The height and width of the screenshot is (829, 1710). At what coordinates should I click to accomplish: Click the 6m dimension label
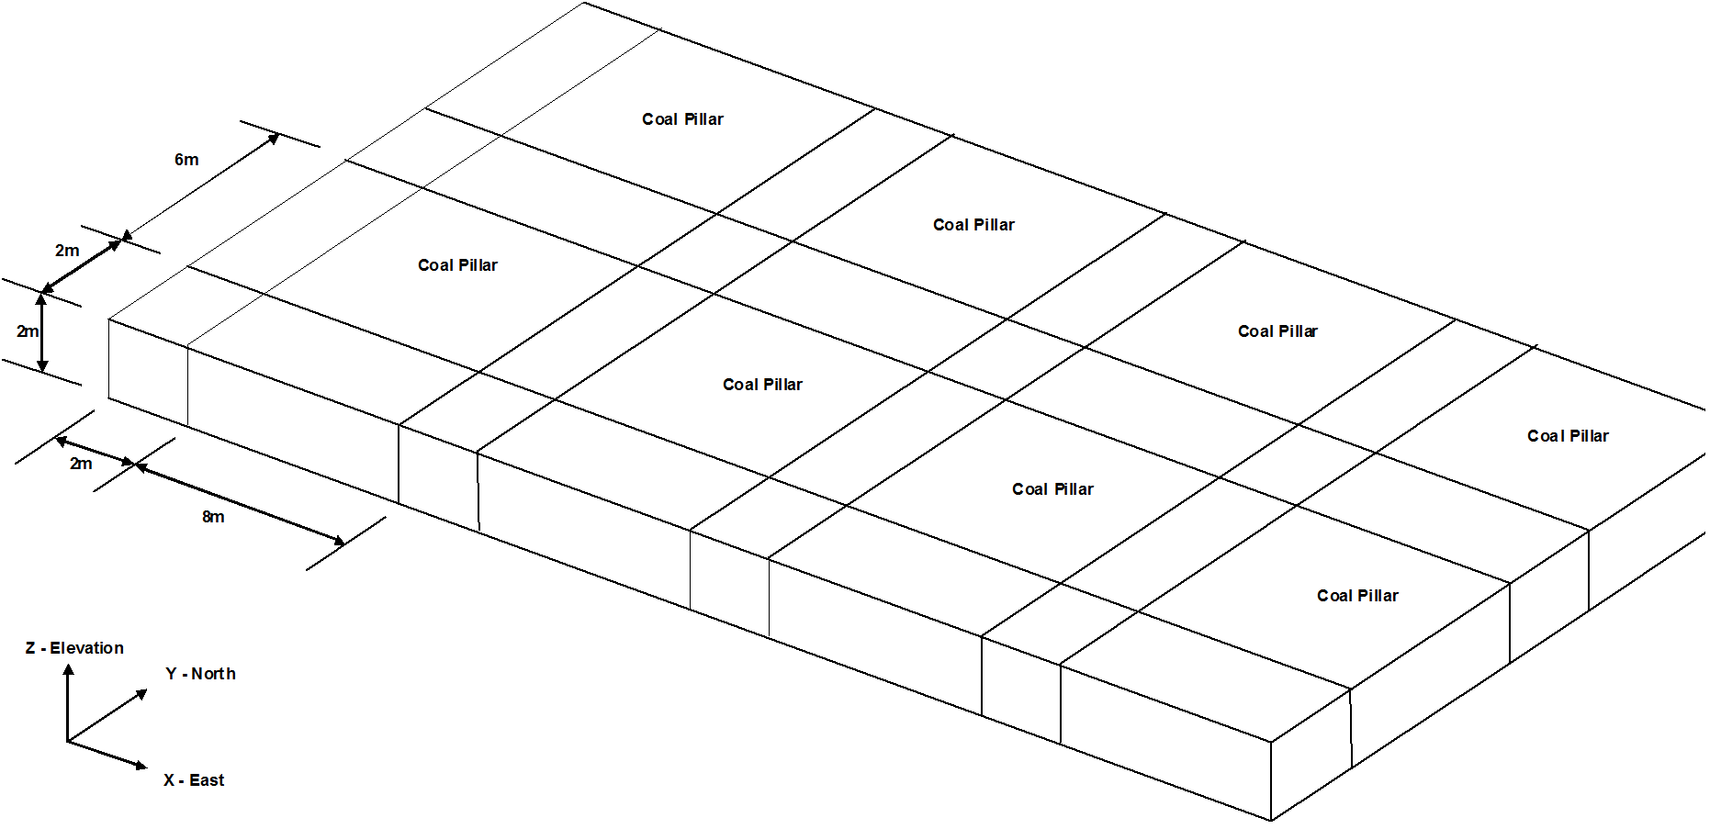[186, 160]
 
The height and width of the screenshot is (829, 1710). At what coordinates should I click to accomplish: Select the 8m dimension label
[213, 517]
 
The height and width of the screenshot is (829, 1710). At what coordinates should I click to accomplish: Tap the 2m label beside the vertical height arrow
[28, 331]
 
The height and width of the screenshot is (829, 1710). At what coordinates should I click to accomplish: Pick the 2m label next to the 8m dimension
[81, 465]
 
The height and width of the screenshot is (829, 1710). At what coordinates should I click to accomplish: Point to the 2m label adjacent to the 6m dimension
[67, 251]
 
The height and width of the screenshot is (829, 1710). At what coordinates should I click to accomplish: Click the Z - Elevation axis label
[74, 648]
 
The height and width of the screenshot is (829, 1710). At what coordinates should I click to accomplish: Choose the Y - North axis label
[200, 674]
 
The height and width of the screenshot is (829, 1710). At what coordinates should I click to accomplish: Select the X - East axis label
[194, 780]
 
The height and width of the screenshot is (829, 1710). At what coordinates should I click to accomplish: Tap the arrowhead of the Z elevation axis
[68, 670]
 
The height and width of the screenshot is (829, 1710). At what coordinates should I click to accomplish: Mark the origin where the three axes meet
[68, 741]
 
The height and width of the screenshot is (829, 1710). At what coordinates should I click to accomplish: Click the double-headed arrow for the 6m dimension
[201, 186]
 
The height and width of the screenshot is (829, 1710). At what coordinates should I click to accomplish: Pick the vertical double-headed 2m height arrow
[42, 332]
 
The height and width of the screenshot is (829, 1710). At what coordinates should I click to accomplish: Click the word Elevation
[87, 648]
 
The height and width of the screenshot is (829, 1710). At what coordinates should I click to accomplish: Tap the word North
[213, 674]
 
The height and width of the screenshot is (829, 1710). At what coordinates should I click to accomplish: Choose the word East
[207, 780]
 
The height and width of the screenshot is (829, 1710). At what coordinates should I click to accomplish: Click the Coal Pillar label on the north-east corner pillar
[1568, 436]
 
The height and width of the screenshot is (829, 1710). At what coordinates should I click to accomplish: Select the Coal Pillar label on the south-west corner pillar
[457, 265]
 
